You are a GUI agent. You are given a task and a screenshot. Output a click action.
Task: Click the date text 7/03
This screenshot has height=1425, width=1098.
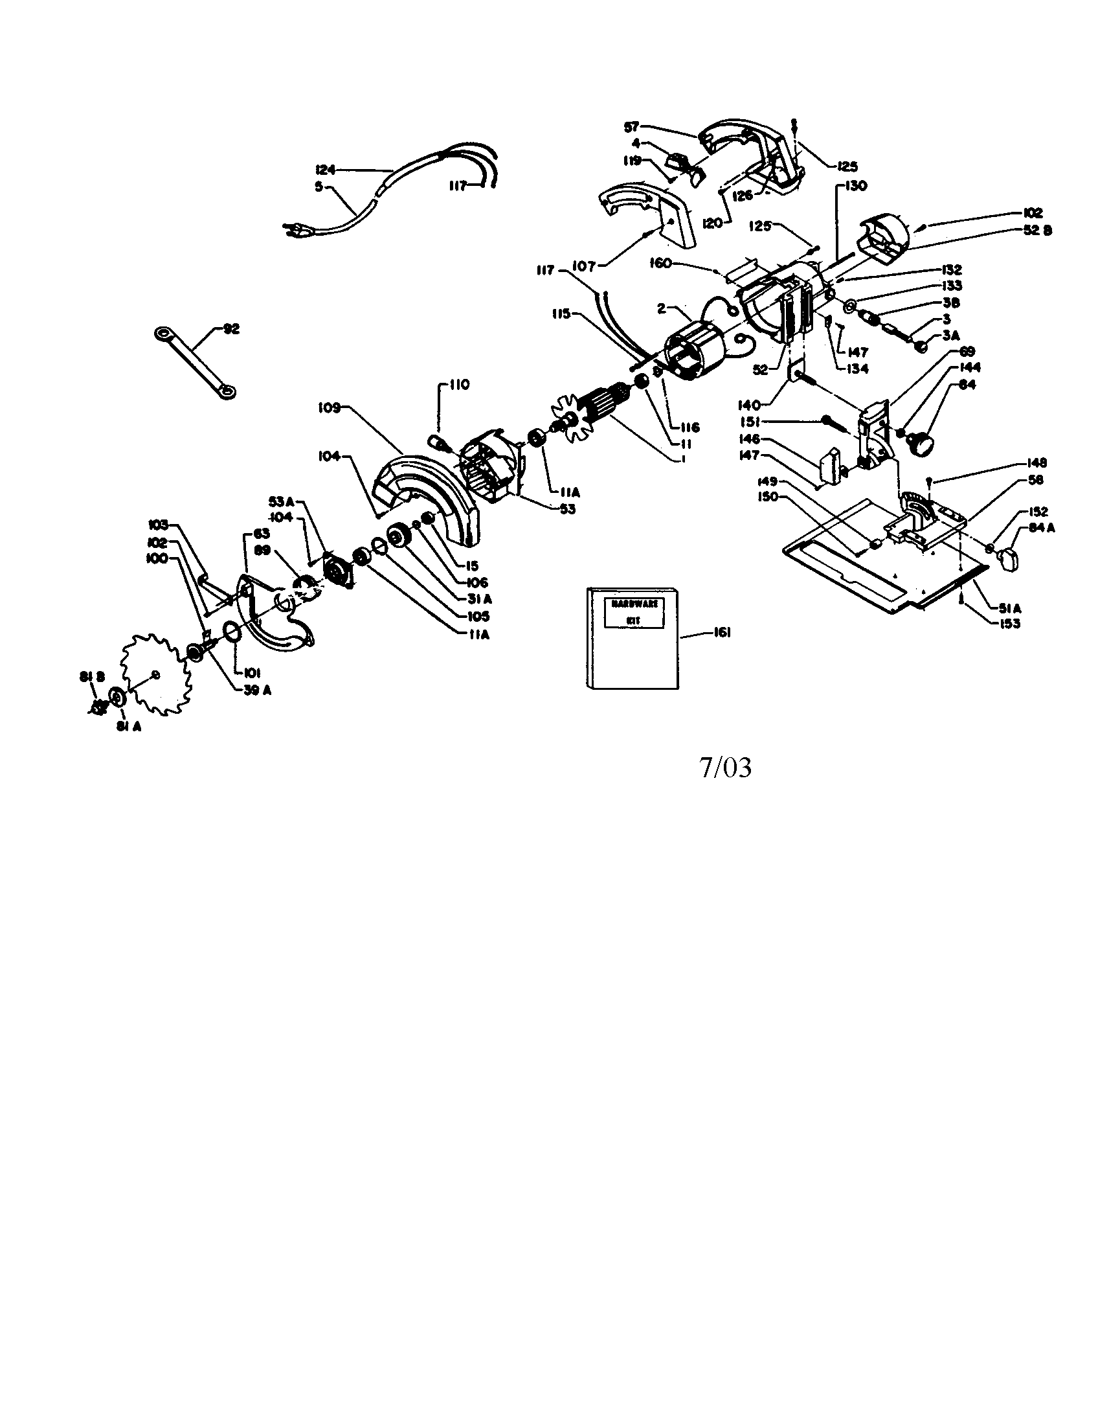[x=725, y=768]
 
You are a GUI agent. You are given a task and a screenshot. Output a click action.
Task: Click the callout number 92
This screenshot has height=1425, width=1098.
[x=231, y=330]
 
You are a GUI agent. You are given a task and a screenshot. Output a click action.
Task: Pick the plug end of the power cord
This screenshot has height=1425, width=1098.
[x=291, y=229]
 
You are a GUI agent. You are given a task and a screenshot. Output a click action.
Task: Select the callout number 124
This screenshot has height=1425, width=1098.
[x=325, y=170]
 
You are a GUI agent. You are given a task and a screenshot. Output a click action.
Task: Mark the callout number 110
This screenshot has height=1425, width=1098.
[x=460, y=385]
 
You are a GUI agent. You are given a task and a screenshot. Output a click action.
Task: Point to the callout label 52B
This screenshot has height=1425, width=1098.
[x=1038, y=231]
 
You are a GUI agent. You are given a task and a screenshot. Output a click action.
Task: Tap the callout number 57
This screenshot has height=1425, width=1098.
[x=631, y=127]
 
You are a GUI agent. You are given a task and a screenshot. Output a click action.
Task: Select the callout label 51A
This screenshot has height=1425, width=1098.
[x=1009, y=608]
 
